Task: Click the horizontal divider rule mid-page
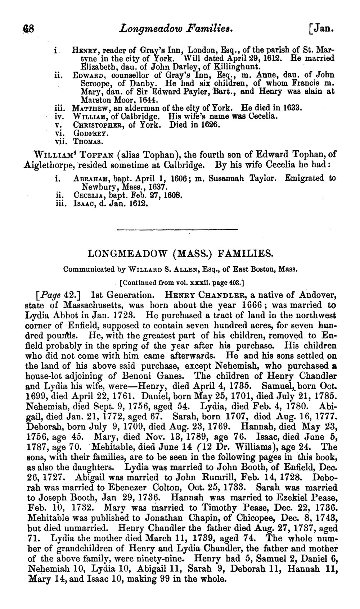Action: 177,229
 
